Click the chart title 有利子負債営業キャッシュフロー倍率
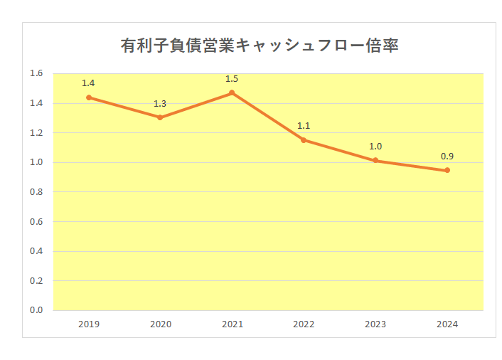click(260, 46)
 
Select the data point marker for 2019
click(89, 97)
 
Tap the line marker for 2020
click(160, 117)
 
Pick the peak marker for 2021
click(232, 93)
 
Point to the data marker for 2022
click(304, 140)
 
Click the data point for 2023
click(375, 161)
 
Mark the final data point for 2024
click(447, 170)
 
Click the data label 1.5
click(232, 79)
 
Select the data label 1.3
click(160, 104)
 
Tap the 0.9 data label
click(447, 156)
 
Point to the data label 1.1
click(304, 126)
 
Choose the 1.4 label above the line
click(89, 83)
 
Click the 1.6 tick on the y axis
click(36, 73)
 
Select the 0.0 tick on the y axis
click(36, 310)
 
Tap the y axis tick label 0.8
click(36, 192)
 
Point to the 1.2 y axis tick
click(36, 132)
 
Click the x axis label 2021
click(232, 324)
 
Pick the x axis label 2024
click(447, 324)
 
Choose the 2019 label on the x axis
click(89, 324)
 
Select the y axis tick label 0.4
click(36, 251)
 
